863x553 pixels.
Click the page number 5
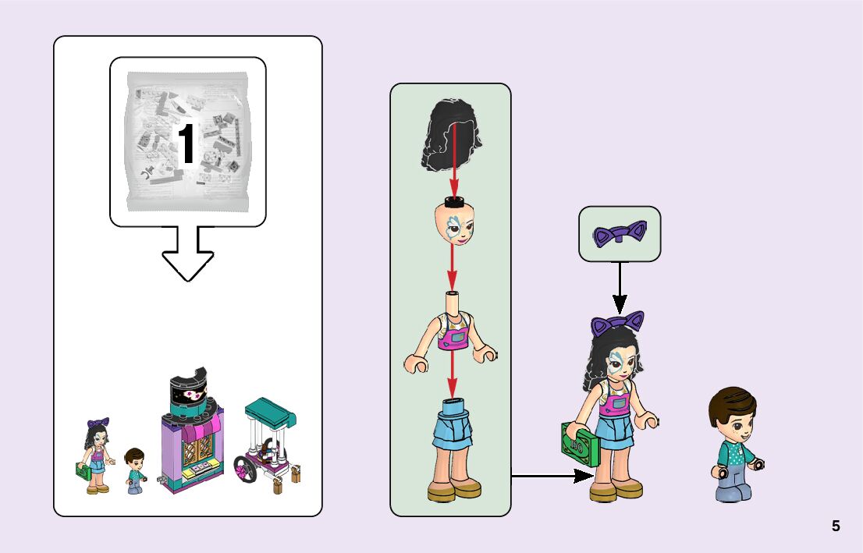[x=836, y=526]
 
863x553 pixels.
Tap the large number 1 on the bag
[x=186, y=145]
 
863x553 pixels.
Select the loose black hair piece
[x=450, y=136]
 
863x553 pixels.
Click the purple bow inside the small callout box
[x=620, y=234]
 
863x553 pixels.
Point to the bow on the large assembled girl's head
[x=618, y=323]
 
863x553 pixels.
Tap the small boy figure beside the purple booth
[x=136, y=470]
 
